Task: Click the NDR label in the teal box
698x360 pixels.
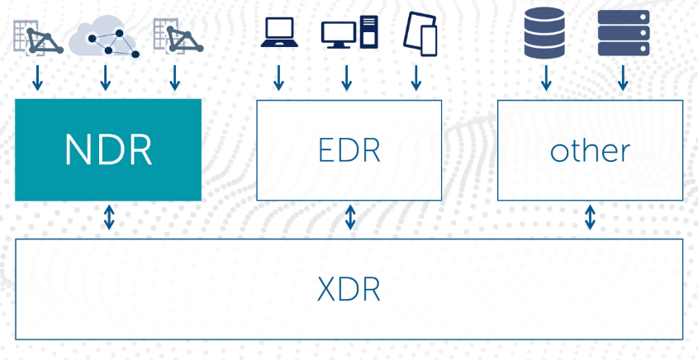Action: [108, 150]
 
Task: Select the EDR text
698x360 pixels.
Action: [349, 150]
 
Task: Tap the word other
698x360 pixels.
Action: [590, 150]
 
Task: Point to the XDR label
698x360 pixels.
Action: [349, 290]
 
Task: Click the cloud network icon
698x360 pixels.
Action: [104, 37]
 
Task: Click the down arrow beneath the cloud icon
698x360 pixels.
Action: [105, 78]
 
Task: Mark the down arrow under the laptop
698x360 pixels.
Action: [279, 78]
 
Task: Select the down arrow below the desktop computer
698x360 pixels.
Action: [347, 78]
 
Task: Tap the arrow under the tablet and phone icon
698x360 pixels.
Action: [416, 78]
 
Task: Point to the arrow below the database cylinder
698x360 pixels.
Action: [545, 78]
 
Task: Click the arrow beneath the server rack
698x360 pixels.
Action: [623, 78]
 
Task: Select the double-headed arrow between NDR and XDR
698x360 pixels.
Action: [108, 219]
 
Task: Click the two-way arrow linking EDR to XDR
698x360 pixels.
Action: [350, 218]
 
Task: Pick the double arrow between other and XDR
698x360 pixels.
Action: [590, 218]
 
